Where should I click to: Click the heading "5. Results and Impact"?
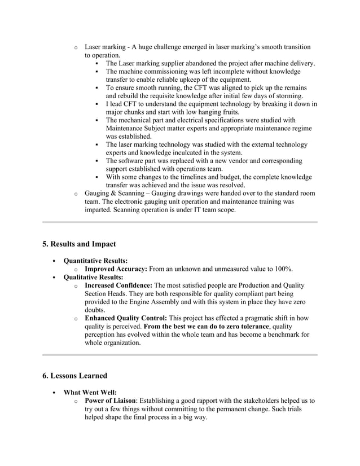point(79,244)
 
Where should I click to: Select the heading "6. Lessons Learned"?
point(75,375)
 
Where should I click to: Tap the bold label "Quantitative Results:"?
point(95,261)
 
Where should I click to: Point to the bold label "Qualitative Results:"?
point(93,277)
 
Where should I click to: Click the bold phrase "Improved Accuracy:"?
point(116,269)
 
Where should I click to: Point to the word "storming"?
point(286,96)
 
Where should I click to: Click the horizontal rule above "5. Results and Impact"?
point(180,222)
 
